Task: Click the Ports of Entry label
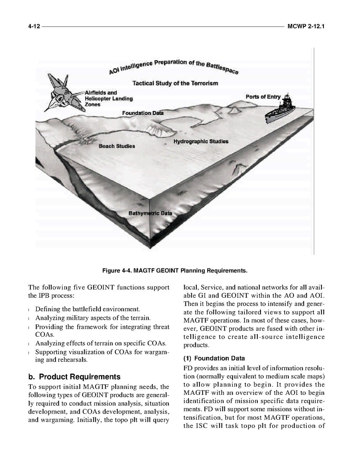pos(263,96)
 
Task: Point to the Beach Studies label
pos(117,146)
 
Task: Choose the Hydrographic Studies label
pos(201,141)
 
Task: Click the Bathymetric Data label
pos(150,214)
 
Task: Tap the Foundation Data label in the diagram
pos(143,113)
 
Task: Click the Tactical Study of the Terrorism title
pos(175,83)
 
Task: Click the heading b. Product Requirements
pos(74,377)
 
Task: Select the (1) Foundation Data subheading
pos(214,358)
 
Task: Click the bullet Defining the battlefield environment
pos(87,309)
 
